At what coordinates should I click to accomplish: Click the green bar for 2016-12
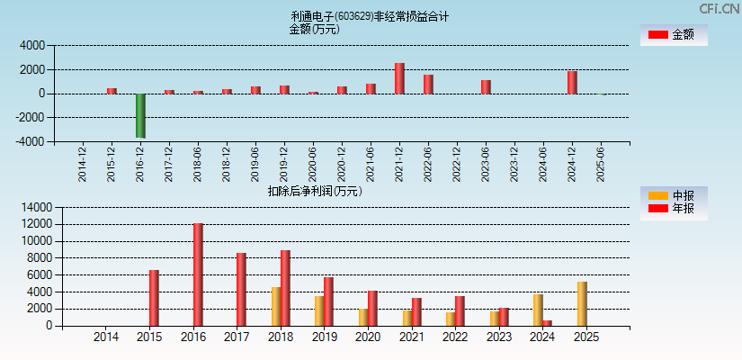(x=140, y=115)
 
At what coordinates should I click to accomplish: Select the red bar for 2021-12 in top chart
(x=399, y=78)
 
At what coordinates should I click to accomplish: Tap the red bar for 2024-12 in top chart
(x=572, y=82)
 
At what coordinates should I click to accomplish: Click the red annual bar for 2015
(x=154, y=298)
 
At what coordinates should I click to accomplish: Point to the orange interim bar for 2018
(x=276, y=306)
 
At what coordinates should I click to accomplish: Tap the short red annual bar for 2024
(x=547, y=322)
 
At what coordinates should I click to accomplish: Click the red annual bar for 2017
(x=241, y=289)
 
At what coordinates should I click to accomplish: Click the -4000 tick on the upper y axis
(x=31, y=141)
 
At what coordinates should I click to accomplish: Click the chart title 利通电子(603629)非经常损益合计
(x=370, y=15)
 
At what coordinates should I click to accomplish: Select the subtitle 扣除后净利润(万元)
(x=315, y=191)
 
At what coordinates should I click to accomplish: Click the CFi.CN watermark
(x=719, y=8)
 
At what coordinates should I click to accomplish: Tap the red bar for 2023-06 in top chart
(x=486, y=86)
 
